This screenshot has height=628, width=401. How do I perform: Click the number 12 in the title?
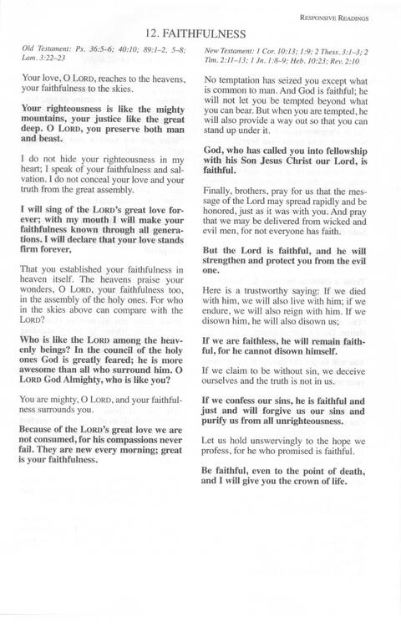(151, 34)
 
